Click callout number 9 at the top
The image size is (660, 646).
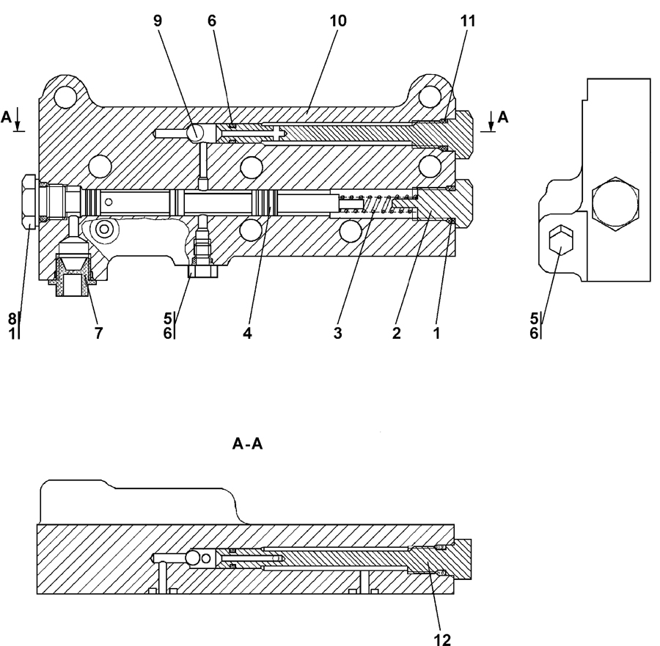click(x=158, y=21)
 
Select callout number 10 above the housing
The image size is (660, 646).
click(x=337, y=21)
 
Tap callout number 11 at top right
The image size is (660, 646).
click(x=468, y=21)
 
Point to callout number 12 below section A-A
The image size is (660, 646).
click(x=442, y=639)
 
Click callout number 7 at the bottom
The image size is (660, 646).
click(x=98, y=333)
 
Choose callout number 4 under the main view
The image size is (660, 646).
click(x=248, y=333)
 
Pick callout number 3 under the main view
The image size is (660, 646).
click(x=337, y=333)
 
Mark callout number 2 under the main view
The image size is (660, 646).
click(x=397, y=333)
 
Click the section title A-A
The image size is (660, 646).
click(x=248, y=444)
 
